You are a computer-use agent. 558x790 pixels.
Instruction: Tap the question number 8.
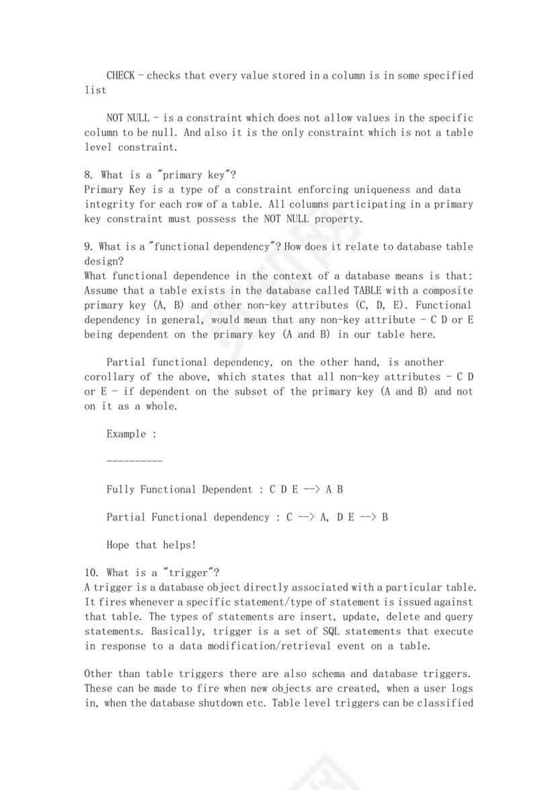88,176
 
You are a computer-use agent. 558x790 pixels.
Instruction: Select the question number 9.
88,247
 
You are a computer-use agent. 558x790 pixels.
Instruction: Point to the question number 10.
91,573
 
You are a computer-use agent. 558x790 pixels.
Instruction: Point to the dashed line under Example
134,462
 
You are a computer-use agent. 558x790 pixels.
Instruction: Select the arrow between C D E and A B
310,490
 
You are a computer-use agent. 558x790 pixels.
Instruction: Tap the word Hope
118,545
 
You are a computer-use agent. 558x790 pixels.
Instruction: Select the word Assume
102,291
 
